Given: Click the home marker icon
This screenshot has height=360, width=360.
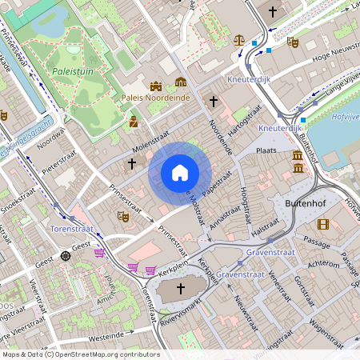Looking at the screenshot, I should [x=180, y=173].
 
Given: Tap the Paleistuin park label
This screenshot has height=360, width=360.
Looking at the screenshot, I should [x=71, y=71].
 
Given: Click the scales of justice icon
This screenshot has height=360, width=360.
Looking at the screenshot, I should [x=238, y=39].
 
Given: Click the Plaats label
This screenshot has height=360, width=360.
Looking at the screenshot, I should [x=266, y=150].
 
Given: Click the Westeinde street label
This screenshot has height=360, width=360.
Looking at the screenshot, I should [x=108, y=337].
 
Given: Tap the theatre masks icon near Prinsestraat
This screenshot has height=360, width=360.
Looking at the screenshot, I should [x=122, y=216].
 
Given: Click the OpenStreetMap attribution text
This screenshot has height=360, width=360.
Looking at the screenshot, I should [x=80, y=354].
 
